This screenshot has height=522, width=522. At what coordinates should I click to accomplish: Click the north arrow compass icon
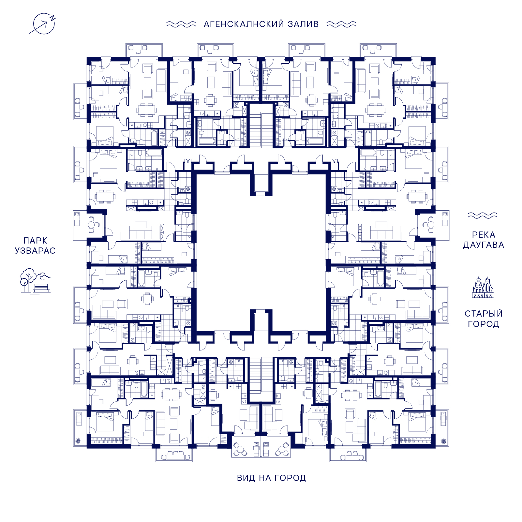(44, 23)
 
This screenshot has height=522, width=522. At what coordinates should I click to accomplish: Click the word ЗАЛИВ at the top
(303, 24)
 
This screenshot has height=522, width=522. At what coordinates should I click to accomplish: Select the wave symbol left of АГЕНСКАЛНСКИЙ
(181, 24)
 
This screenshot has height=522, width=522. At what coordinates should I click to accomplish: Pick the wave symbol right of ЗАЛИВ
(341, 24)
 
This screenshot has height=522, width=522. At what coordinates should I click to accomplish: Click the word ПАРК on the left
(36, 241)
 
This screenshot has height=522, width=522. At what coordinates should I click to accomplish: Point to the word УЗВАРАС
(35, 251)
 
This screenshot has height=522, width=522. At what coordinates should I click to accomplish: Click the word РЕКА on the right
(484, 235)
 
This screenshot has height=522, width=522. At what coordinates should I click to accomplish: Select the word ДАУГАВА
(484, 245)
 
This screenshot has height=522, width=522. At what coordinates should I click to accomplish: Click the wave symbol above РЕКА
(483, 215)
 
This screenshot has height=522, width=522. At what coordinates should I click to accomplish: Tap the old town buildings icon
(483, 287)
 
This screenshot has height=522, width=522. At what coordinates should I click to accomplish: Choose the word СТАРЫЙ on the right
(484, 314)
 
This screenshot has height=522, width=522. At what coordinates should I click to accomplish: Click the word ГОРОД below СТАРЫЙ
(484, 324)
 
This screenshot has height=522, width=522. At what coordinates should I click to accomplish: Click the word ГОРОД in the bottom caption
(290, 478)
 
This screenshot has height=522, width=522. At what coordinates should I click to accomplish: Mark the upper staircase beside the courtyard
(255, 129)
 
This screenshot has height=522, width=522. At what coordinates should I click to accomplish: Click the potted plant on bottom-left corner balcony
(79, 441)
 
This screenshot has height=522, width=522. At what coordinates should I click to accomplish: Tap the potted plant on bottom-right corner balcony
(443, 441)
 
